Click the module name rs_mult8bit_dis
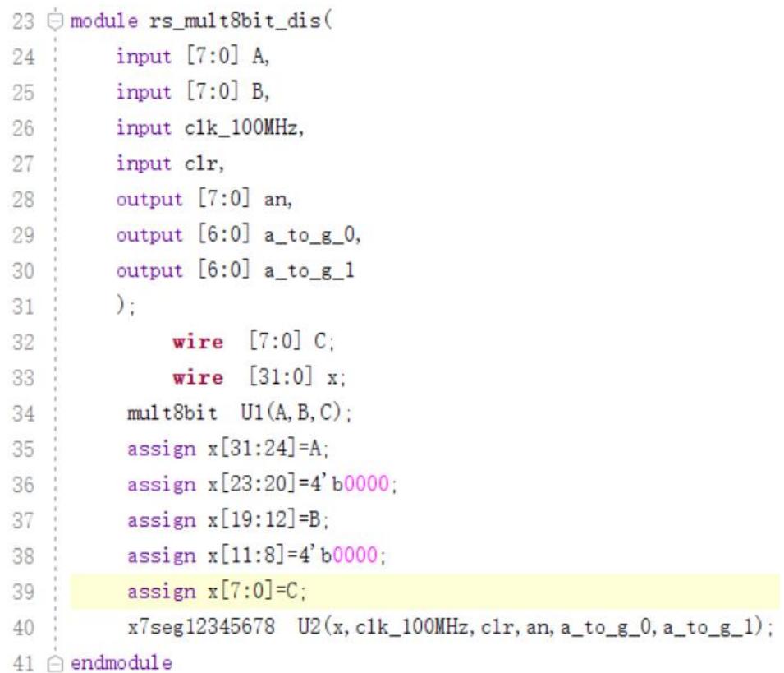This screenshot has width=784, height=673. tap(235, 21)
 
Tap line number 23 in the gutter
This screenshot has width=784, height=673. tap(23, 21)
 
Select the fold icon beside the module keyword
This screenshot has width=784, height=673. tap(55, 21)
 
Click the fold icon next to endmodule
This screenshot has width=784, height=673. tap(55, 663)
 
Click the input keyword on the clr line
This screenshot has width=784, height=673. tap(144, 164)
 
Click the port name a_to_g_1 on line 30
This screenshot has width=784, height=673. tap(309, 271)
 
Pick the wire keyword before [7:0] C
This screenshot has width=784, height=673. tap(198, 343)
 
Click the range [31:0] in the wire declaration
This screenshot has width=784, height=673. tap(281, 377)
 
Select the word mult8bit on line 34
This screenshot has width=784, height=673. tap(172, 413)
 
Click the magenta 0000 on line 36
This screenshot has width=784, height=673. tap(366, 484)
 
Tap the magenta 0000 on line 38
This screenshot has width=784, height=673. tap(355, 555)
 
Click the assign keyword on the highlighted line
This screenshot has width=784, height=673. tap(162, 592)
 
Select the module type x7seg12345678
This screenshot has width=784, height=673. tap(201, 627)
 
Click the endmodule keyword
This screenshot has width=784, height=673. tap(121, 663)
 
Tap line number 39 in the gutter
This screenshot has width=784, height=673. tap(23, 592)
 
